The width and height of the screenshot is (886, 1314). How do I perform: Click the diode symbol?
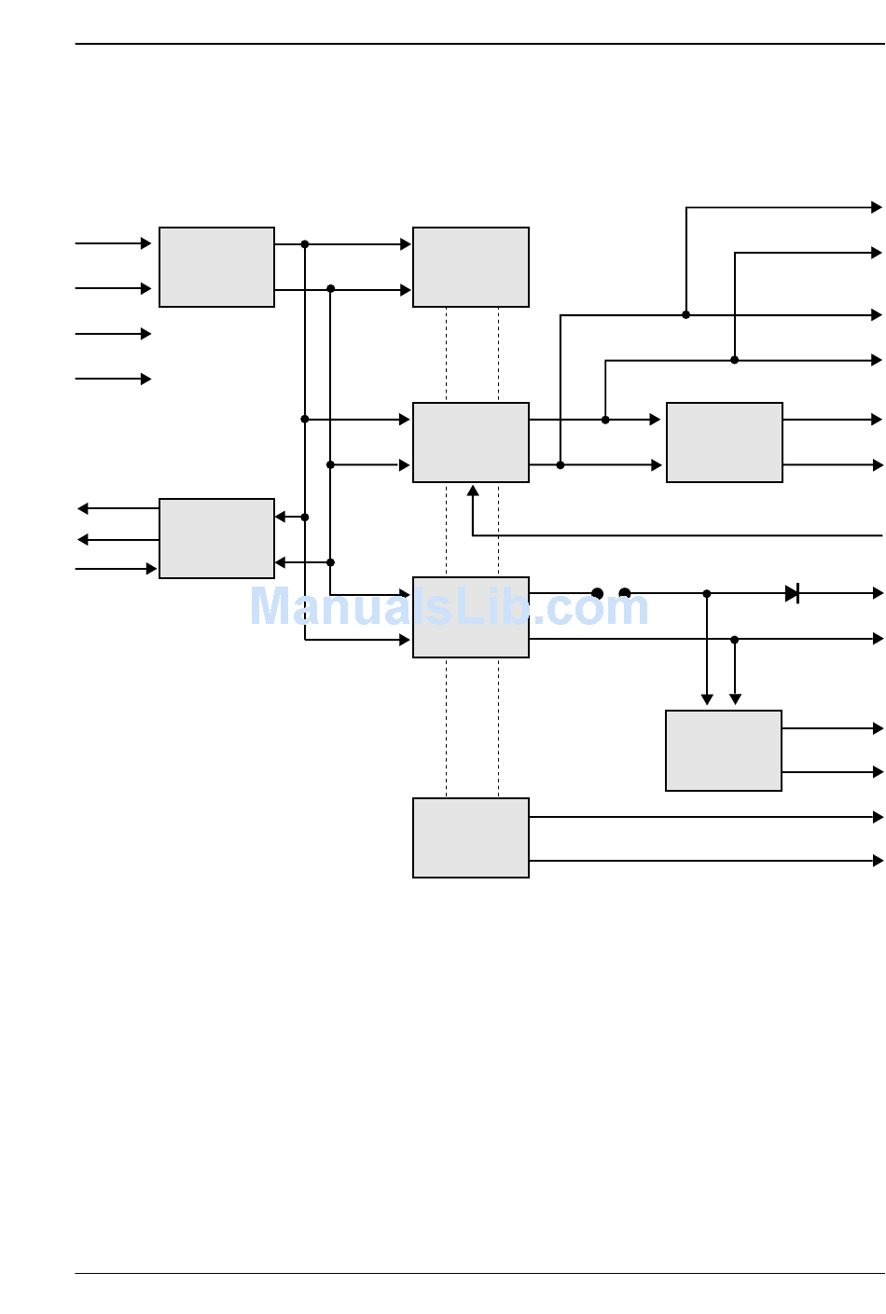coord(793,593)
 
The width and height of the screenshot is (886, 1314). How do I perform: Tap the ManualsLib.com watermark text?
coord(449,606)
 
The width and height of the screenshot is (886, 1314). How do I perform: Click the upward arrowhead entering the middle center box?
coord(473,491)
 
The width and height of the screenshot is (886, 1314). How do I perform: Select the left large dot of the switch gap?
coord(598,593)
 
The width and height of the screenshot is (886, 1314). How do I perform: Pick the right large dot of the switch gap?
coord(625,593)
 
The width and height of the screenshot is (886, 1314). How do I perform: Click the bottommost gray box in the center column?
coord(471,837)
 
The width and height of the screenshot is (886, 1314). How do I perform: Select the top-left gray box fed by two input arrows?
coord(216,267)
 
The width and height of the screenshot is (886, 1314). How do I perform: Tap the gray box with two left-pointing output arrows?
coord(216,538)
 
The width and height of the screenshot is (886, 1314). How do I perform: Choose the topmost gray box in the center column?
coord(471,267)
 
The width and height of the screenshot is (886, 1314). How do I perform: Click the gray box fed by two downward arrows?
coord(724,751)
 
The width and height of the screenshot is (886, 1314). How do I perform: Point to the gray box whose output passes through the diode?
coord(471,617)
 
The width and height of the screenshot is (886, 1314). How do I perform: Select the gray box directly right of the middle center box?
coord(725,442)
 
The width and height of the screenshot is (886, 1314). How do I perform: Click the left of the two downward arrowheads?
coord(707,699)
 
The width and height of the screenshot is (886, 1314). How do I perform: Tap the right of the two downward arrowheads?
coord(735,699)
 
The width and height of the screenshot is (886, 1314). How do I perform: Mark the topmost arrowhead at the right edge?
coord(877,207)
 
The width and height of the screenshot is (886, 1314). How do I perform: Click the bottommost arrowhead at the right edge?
coord(878,861)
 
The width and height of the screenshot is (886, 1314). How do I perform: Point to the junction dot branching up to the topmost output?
coord(686,315)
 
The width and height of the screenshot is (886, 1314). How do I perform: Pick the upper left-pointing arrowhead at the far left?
coord(83,508)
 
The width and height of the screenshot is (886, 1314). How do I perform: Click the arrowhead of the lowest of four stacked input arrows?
coord(145,379)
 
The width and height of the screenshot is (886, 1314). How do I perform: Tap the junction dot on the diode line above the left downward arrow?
coord(707,593)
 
